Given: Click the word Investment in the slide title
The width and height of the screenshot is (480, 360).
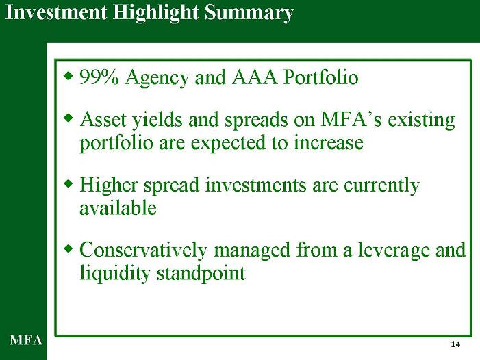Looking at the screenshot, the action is point(56,13).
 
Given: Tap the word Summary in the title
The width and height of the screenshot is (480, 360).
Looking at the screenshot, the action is point(249,14).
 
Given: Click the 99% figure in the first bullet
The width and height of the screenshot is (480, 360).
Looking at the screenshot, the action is point(99,77).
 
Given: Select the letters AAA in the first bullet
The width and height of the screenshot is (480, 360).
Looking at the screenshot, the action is point(255,77).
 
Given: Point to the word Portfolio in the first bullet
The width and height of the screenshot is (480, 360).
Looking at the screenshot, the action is point(321,77).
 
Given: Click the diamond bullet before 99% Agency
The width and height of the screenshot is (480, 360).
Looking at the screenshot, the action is point(69,75).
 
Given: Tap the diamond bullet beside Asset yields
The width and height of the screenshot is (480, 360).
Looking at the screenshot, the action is point(69,118).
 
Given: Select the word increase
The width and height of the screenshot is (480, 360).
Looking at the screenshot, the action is point(329,143).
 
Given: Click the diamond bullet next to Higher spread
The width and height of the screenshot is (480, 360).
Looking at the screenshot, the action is point(69,183).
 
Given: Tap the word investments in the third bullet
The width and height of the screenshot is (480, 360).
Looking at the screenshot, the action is point(255,185).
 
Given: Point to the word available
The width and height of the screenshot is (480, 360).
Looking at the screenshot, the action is point(118,208).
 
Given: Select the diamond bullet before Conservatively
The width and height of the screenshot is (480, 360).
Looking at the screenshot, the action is point(69,248).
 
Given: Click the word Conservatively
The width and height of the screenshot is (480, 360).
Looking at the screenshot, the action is point(143,250).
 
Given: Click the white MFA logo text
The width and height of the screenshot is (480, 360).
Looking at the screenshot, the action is point(26,340).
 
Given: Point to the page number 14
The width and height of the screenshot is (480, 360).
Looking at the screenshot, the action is point(455,344).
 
